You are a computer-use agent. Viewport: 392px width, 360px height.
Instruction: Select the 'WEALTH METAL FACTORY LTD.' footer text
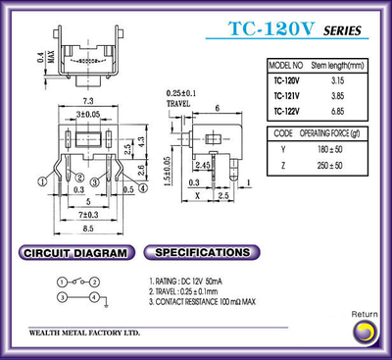click(84, 334)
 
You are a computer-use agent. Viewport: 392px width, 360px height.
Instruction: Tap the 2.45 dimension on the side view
click(203, 167)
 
